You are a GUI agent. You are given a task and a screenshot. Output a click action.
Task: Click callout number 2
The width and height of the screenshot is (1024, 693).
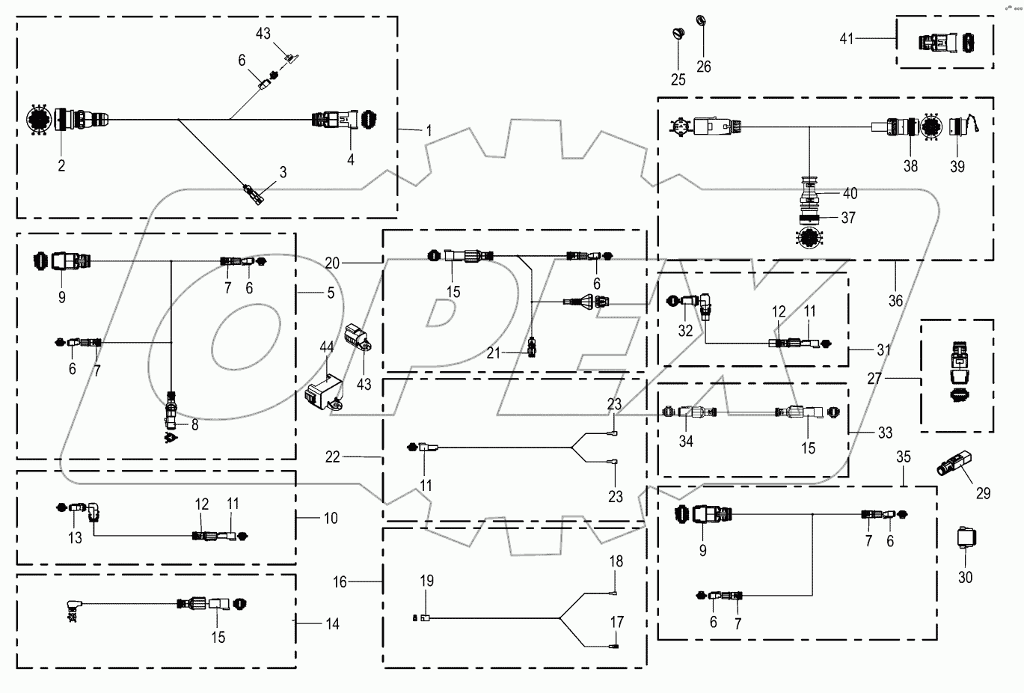click(61, 166)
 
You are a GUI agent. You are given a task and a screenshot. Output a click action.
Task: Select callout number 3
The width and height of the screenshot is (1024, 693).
click(283, 173)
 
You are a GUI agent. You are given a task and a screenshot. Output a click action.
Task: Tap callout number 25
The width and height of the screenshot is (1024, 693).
click(678, 79)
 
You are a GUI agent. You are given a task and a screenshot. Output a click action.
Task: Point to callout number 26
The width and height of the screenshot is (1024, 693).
click(704, 66)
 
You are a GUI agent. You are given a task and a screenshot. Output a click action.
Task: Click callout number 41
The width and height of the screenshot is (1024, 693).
click(846, 39)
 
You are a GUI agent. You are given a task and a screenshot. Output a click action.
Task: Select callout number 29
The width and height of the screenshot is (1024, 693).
click(983, 493)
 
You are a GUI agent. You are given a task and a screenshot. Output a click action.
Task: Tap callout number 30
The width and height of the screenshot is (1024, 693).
click(966, 578)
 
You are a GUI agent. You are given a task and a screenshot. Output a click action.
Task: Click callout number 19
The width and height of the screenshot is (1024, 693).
click(426, 581)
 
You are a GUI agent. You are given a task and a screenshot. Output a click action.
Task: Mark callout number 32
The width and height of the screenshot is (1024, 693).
click(686, 330)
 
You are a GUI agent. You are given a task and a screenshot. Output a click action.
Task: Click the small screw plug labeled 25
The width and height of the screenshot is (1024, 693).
click(678, 33)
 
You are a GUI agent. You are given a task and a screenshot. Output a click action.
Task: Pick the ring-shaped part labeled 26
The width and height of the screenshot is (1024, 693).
click(701, 19)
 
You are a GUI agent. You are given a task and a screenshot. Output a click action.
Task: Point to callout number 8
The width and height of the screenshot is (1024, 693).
click(194, 425)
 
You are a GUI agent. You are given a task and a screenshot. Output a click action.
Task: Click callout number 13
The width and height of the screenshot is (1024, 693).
click(76, 537)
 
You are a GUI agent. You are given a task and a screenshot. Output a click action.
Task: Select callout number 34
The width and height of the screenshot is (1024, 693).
click(686, 441)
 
